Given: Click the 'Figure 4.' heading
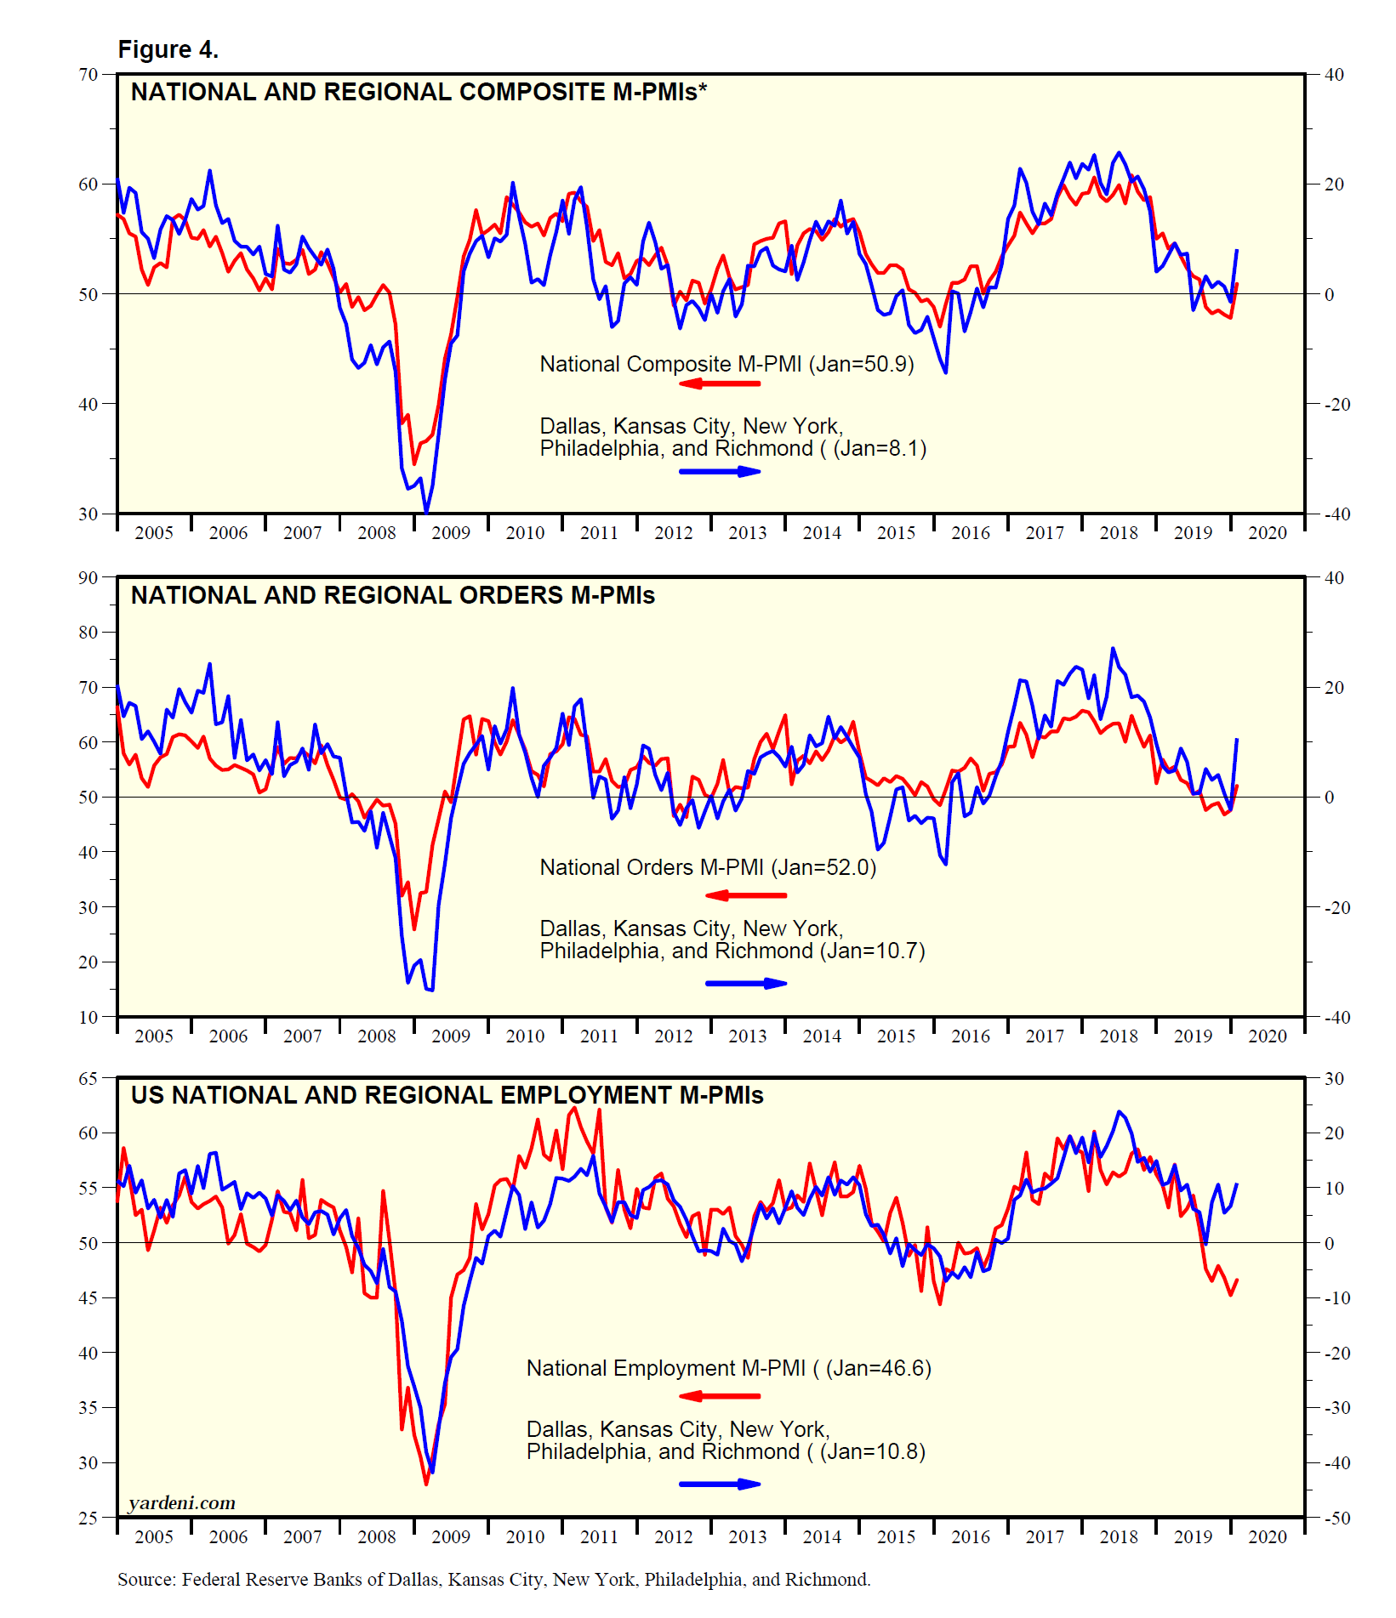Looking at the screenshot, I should click(168, 50).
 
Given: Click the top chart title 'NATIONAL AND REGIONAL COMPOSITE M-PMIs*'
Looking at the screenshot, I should click(419, 92).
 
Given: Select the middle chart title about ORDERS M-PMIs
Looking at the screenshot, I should click(392, 595).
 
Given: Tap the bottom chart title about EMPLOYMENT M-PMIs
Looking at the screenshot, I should click(447, 1095).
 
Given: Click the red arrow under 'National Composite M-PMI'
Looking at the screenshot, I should click(720, 383).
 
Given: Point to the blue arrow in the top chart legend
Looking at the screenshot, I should click(720, 471).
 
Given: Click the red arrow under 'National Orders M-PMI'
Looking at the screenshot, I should click(746, 895).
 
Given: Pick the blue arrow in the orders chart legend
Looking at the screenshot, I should click(746, 984).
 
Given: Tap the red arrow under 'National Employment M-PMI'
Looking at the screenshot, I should click(720, 1396).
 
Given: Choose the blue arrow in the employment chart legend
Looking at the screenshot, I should click(720, 1485).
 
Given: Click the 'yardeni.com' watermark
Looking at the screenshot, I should click(182, 1503).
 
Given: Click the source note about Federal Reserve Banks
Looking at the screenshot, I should click(493, 1580).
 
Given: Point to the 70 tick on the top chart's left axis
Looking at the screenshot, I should click(88, 75).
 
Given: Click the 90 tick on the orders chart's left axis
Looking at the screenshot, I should click(88, 578).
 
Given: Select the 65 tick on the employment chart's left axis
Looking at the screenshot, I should click(88, 1079).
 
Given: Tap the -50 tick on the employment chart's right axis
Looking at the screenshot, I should click(1337, 1519).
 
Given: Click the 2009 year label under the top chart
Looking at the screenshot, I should click(451, 533).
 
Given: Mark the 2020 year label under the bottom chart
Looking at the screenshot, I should click(1268, 1537).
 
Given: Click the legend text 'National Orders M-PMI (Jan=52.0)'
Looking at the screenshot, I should click(708, 867).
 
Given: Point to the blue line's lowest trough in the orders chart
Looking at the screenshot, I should click(431, 991).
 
